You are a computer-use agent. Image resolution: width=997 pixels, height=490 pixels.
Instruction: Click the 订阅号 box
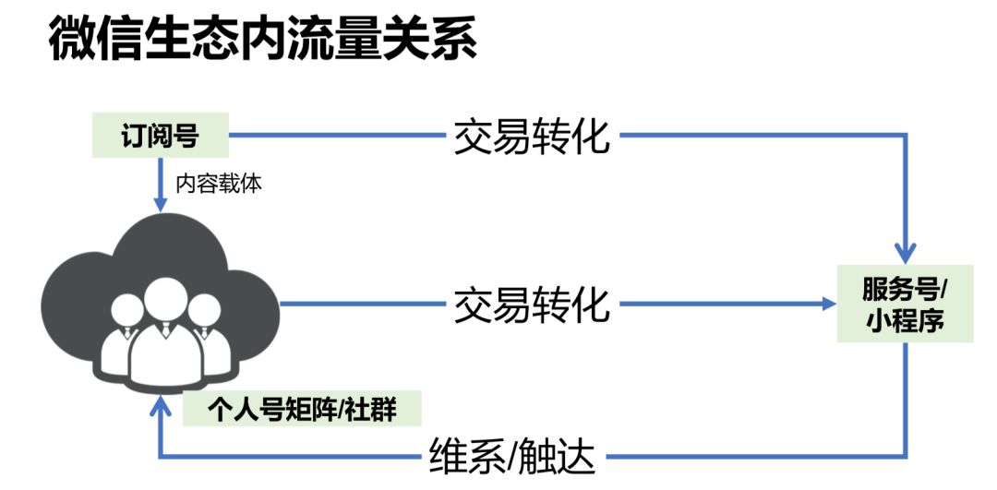click(x=161, y=137)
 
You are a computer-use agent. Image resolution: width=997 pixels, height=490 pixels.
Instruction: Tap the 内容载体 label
click(x=220, y=184)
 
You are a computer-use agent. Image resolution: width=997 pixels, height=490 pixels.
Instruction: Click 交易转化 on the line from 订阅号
click(x=531, y=138)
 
